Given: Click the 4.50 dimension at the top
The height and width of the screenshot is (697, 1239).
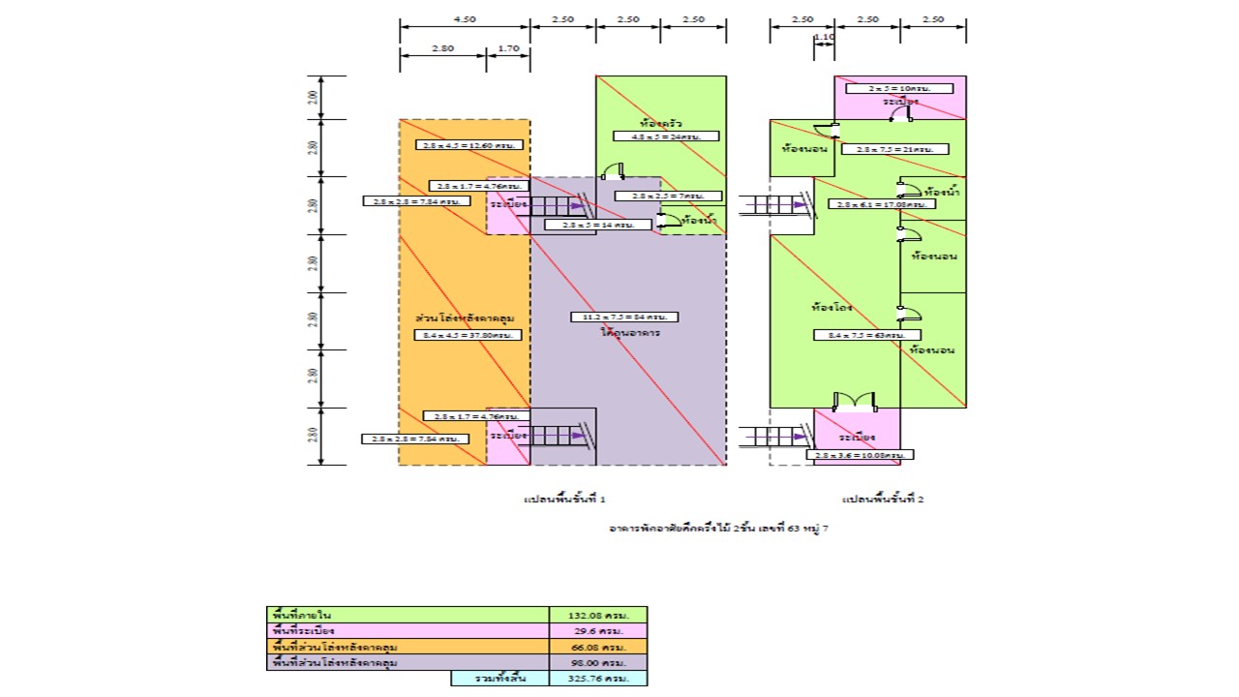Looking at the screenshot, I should point(465,19).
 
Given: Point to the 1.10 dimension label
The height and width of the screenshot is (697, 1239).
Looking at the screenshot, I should point(825,38).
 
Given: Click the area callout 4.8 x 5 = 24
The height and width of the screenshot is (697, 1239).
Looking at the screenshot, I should point(666,136).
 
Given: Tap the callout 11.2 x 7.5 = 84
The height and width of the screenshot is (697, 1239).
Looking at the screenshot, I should point(624,317).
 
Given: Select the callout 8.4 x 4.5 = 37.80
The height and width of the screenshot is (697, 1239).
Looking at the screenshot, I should point(468,335).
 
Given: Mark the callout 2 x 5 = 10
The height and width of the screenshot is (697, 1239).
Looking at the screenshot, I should point(887,88).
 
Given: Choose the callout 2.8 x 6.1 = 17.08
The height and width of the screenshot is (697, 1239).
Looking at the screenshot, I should point(882,204).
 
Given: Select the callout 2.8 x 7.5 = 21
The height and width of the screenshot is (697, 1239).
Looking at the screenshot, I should point(894,149).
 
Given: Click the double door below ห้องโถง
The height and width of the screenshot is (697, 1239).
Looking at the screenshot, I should point(855,401).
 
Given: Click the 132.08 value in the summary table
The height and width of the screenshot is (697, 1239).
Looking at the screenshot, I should point(597,615).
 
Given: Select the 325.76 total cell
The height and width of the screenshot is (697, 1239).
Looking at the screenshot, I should point(597,679).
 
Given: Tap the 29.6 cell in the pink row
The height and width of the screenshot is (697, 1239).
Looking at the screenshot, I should point(597,630).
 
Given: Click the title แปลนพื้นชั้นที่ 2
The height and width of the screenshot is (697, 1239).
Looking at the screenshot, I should point(883,500).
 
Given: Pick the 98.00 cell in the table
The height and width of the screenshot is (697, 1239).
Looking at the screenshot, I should point(597,662).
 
